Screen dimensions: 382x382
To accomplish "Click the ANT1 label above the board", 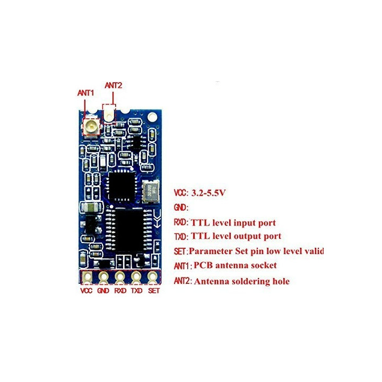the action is coord(85,93).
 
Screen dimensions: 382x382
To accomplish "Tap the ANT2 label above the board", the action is coord(114,85).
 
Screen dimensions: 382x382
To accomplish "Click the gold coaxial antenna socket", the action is coord(91,126).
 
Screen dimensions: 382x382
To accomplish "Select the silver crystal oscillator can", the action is coord(151,192).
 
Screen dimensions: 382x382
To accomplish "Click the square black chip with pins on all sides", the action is coord(121,185).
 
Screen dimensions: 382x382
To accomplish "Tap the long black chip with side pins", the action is coord(129,230).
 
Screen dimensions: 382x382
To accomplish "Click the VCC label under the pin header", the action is coord(86,291).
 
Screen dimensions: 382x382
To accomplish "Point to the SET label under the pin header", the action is coord(154,291).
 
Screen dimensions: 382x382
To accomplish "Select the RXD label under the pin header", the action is coord(120,291).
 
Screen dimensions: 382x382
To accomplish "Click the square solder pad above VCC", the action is coord(87,277).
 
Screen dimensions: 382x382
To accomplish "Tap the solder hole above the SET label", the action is coord(152,277).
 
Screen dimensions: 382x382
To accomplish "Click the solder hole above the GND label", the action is coord(103,277).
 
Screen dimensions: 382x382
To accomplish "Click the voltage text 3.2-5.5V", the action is coord(209,193).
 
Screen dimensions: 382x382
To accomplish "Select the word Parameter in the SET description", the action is coord(211,251).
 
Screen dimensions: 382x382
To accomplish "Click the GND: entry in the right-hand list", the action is coord(181,207).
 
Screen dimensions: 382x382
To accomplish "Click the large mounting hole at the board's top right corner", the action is coord(152,117).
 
